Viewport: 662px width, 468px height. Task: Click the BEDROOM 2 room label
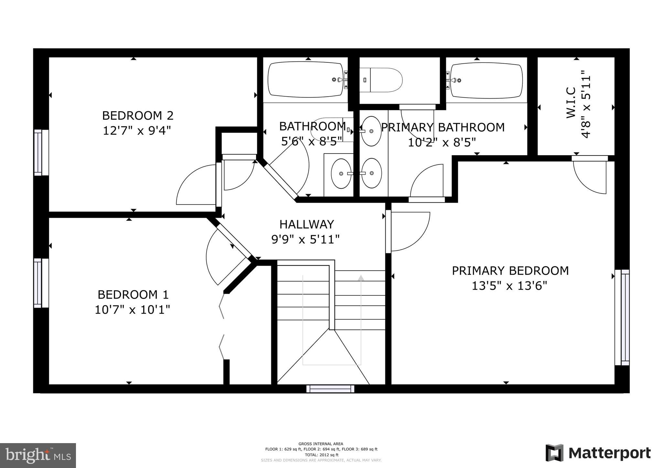[138, 115]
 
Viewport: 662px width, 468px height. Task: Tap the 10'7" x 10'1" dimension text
[132, 310]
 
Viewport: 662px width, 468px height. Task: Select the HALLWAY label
[306, 224]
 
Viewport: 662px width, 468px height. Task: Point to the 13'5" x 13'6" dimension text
[509, 286]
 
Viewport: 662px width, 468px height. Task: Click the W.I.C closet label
[571, 103]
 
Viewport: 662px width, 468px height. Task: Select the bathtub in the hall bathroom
[305, 80]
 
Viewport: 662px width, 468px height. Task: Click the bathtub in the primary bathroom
[486, 80]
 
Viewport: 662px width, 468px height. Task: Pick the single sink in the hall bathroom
[341, 174]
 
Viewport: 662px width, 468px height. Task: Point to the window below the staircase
[330, 388]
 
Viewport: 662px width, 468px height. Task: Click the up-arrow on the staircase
[361, 278]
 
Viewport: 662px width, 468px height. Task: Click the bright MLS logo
[38, 455]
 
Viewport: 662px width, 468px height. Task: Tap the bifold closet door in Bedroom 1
[222, 326]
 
